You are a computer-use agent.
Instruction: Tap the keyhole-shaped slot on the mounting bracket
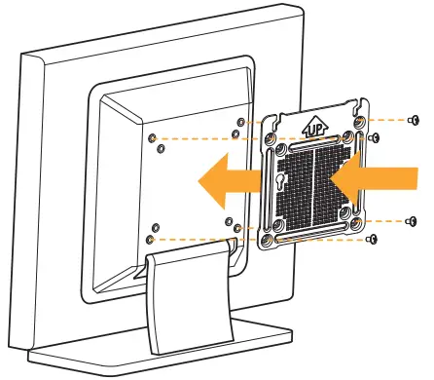pyautogui.click(x=283, y=182)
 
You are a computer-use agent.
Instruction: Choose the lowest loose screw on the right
pyautogui.click(x=373, y=241)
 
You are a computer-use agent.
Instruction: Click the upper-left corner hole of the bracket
pyautogui.click(x=270, y=137)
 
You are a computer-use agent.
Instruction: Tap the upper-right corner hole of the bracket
pyautogui.click(x=359, y=121)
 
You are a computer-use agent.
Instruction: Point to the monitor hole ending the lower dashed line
pyautogui.click(x=148, y=238)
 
